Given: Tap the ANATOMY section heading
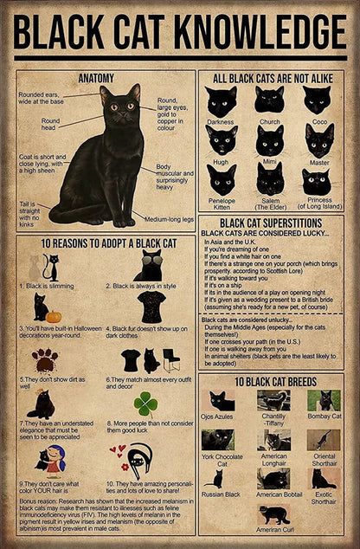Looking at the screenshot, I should (96, 77).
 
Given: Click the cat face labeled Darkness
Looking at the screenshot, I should (221, 101).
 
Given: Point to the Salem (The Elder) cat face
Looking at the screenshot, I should (269, 180).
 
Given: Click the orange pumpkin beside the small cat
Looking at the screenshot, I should (55, 316).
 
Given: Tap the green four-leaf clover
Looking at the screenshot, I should (145, 404).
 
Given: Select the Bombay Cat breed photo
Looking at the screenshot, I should (324, 401).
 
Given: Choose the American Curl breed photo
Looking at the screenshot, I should (274, 514).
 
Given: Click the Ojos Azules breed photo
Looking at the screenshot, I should (222, 401).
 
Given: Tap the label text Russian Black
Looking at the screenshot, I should (222, 494).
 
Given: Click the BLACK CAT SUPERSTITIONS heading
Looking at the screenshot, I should (270, 223).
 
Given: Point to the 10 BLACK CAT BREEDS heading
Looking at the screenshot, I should (270, 382).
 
